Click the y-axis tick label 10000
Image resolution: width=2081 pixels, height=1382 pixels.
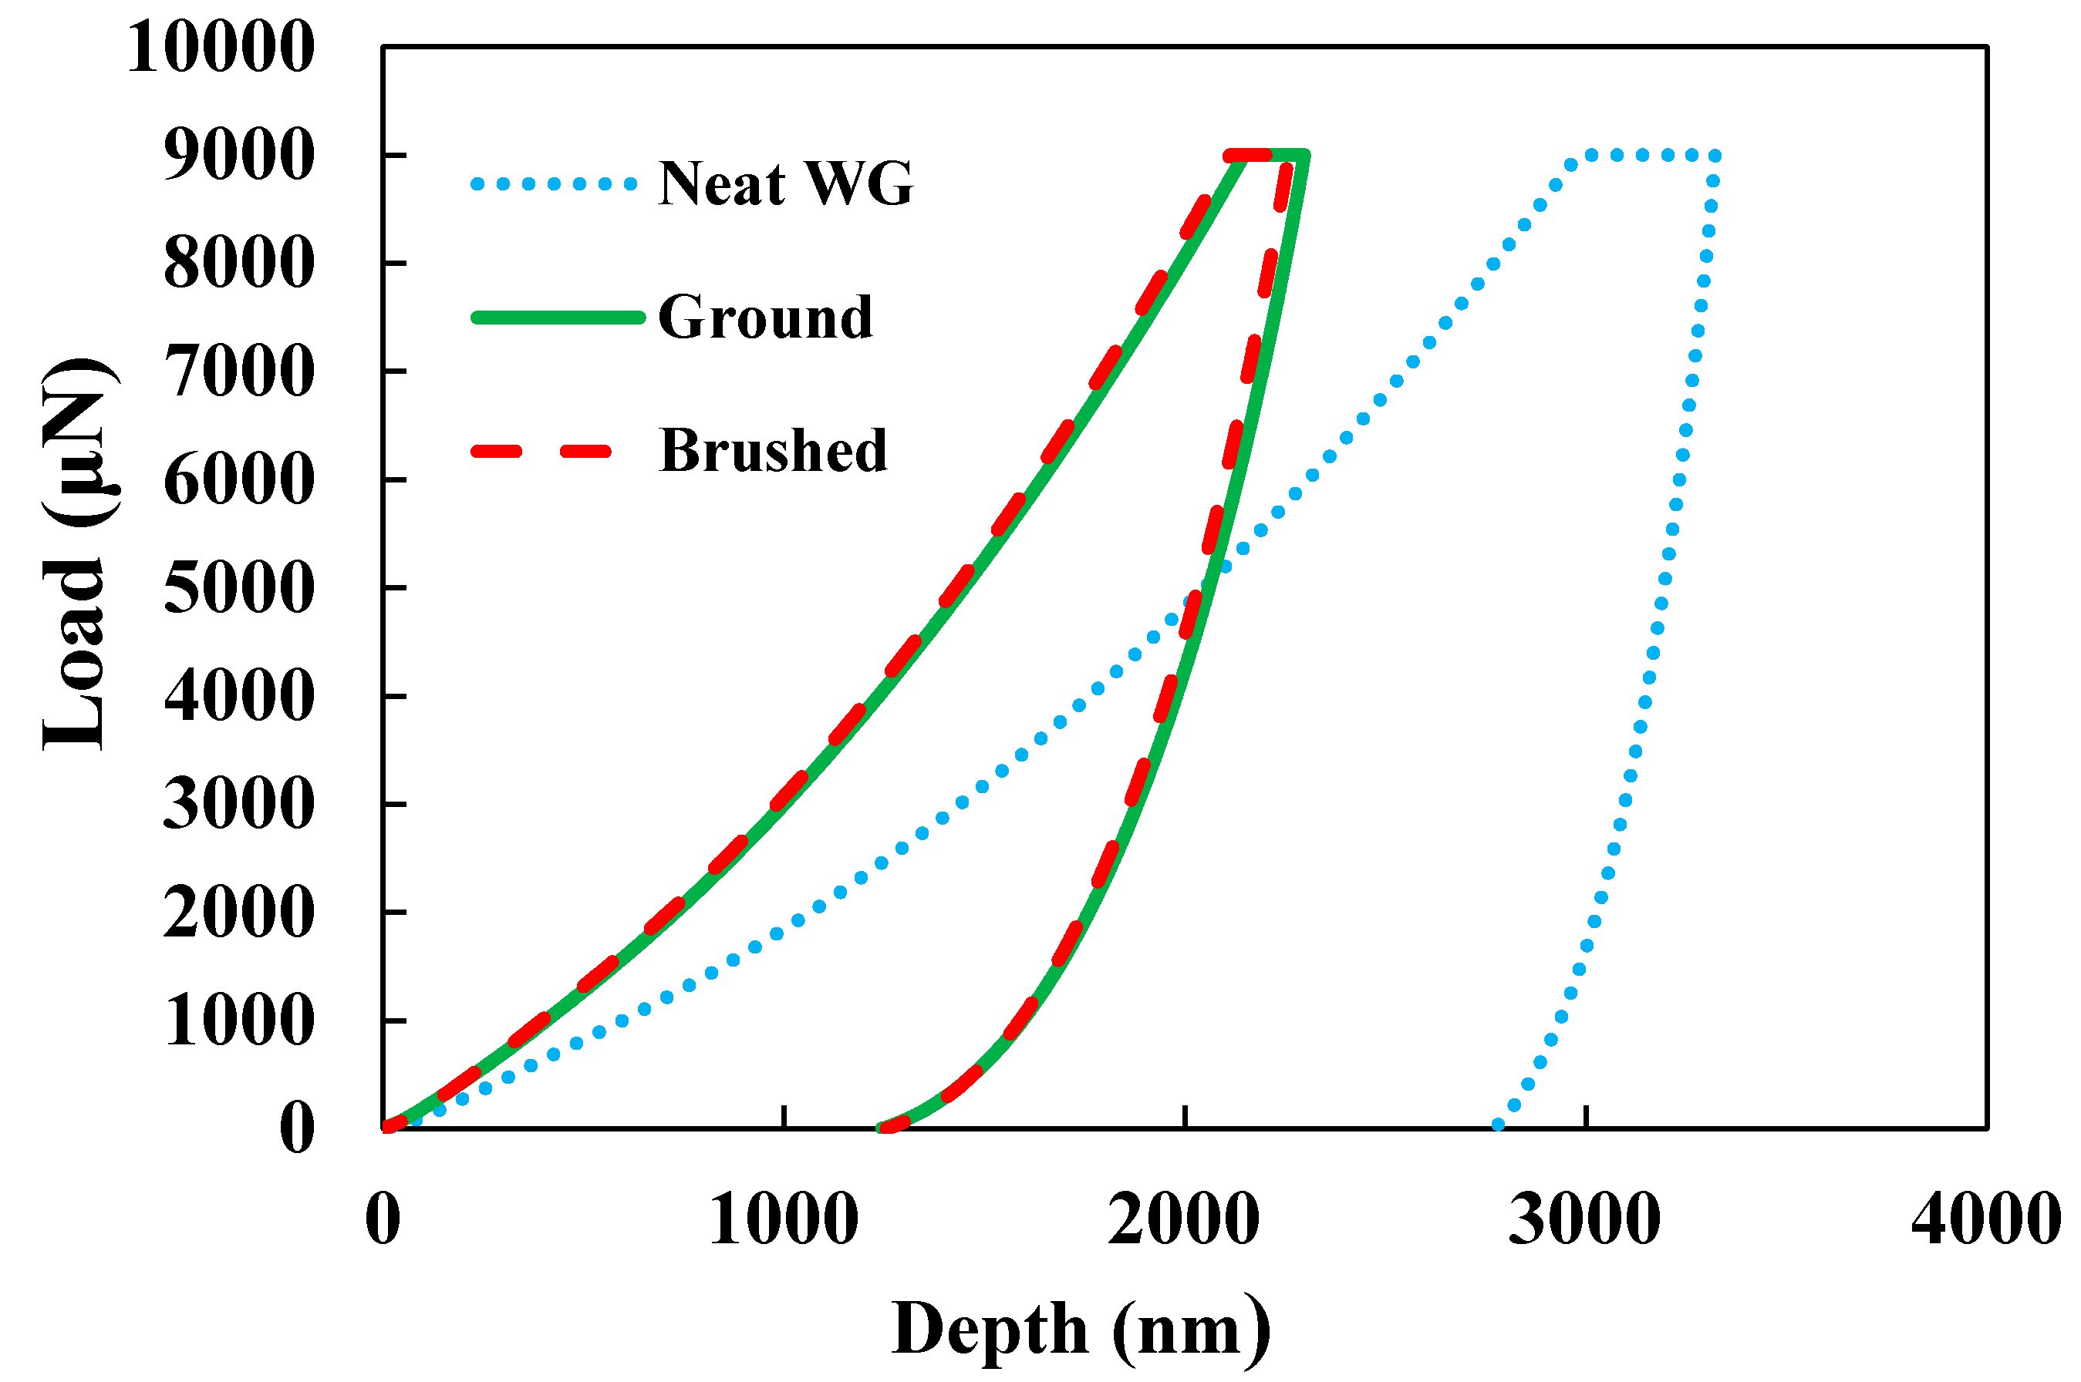[x=221, y=48]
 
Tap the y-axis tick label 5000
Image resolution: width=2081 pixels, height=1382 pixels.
[x=238, y=589]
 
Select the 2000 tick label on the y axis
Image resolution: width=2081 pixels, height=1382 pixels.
[x=238, y=913]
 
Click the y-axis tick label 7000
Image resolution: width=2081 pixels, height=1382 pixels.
[x=238, y=372]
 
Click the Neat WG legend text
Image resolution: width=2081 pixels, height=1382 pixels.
[x=784, y=184]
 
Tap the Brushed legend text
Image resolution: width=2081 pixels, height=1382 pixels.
[x=771, y=451]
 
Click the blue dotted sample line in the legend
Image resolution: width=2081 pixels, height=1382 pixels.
[x=554, y=184]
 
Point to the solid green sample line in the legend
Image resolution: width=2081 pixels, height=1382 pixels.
[x=558, y=318]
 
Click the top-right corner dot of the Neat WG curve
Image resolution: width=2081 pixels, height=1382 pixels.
[x=1714, y=156]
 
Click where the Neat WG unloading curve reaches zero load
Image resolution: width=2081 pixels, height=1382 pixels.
[x=1497, y=1125]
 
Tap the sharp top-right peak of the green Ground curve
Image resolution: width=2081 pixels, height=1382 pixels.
[x=1304, y=156]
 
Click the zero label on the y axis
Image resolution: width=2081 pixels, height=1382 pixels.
[x=296, y=1128]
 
